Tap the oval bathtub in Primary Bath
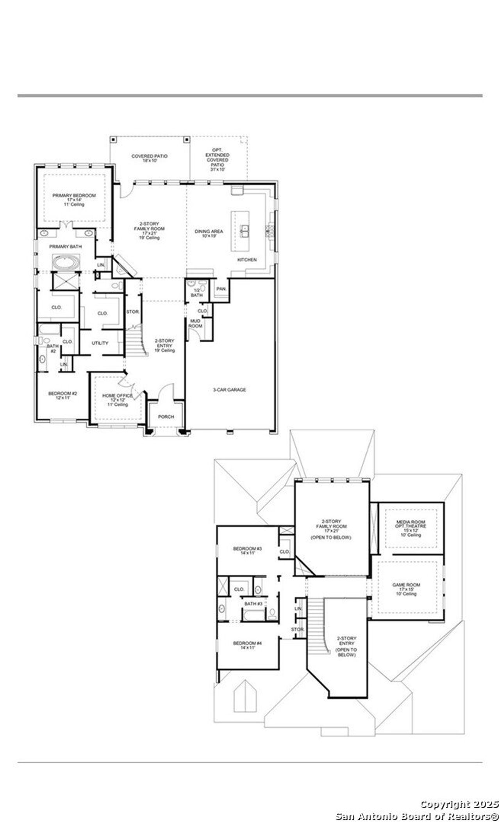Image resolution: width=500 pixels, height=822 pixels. coord(66,262)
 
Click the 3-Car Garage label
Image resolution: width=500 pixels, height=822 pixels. coord(229,389)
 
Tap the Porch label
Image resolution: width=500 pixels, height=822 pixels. coord(166,417)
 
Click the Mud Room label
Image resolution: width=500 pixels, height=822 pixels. coord(195,323)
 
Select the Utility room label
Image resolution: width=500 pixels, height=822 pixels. coord(100,343)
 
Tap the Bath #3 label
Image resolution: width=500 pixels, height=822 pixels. coord(253,604)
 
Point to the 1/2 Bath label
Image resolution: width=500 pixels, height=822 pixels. coord(196,293)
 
